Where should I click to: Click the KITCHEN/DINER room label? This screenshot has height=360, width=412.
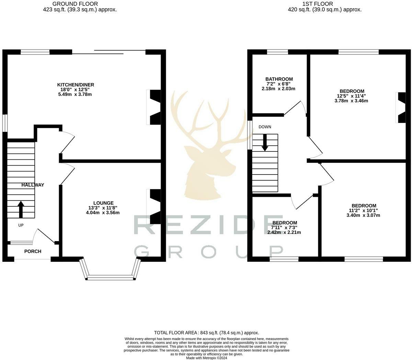(x=76, y=85)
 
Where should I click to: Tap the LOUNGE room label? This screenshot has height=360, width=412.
(x=103, y=203)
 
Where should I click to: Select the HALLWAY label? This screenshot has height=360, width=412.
(x=33, y=185)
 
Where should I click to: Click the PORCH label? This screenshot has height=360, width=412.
(x=33, y=251)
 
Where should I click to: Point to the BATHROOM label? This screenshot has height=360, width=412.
(x=279, y=79)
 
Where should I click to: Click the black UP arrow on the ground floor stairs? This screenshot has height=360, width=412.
(x=21, y=209)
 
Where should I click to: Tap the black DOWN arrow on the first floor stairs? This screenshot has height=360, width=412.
(x=265, y=143)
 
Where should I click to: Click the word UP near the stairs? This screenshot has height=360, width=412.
(x=21, y=225)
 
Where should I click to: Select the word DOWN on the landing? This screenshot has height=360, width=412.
(x=265, y=127)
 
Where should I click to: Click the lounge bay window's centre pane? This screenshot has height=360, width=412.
(x=111, y=278)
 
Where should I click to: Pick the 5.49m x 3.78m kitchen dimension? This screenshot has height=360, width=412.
(x=75, y=94)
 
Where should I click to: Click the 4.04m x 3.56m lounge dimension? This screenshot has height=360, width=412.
(x=103, y=213)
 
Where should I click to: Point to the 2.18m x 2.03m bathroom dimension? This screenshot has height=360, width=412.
(x=278, y=89)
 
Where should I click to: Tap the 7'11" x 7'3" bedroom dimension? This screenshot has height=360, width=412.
(x=284, y=228)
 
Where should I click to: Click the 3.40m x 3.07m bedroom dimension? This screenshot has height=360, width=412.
(x=363, y=215)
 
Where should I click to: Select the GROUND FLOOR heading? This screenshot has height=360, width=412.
(x=75, y=4)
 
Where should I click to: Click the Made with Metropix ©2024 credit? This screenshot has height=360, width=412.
(x=206, y=358)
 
